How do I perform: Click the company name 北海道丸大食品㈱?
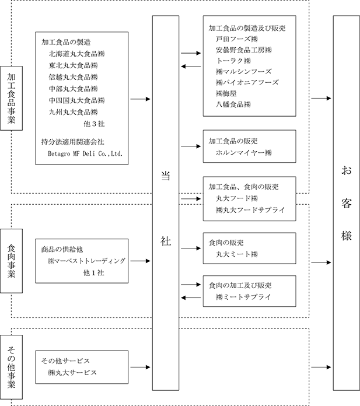76,54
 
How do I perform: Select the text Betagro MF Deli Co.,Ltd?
85,153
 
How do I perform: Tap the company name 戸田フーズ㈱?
237,39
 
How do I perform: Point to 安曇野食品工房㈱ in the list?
244,50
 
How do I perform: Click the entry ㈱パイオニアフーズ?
247,82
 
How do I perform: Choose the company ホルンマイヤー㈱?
244,152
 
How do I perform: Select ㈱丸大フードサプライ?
250,210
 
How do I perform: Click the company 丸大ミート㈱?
237,254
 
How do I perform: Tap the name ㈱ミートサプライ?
243,297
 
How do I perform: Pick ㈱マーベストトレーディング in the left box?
87,261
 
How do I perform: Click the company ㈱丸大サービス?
72,373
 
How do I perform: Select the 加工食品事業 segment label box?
12,98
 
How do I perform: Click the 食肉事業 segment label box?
12,261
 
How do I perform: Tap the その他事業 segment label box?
12,367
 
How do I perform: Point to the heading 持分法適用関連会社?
73,142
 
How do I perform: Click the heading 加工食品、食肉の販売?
244,187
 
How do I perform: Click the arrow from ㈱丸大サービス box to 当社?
140,367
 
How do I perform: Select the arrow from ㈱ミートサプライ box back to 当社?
191,297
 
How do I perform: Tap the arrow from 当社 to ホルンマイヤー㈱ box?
191,146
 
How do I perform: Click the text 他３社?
94,124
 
